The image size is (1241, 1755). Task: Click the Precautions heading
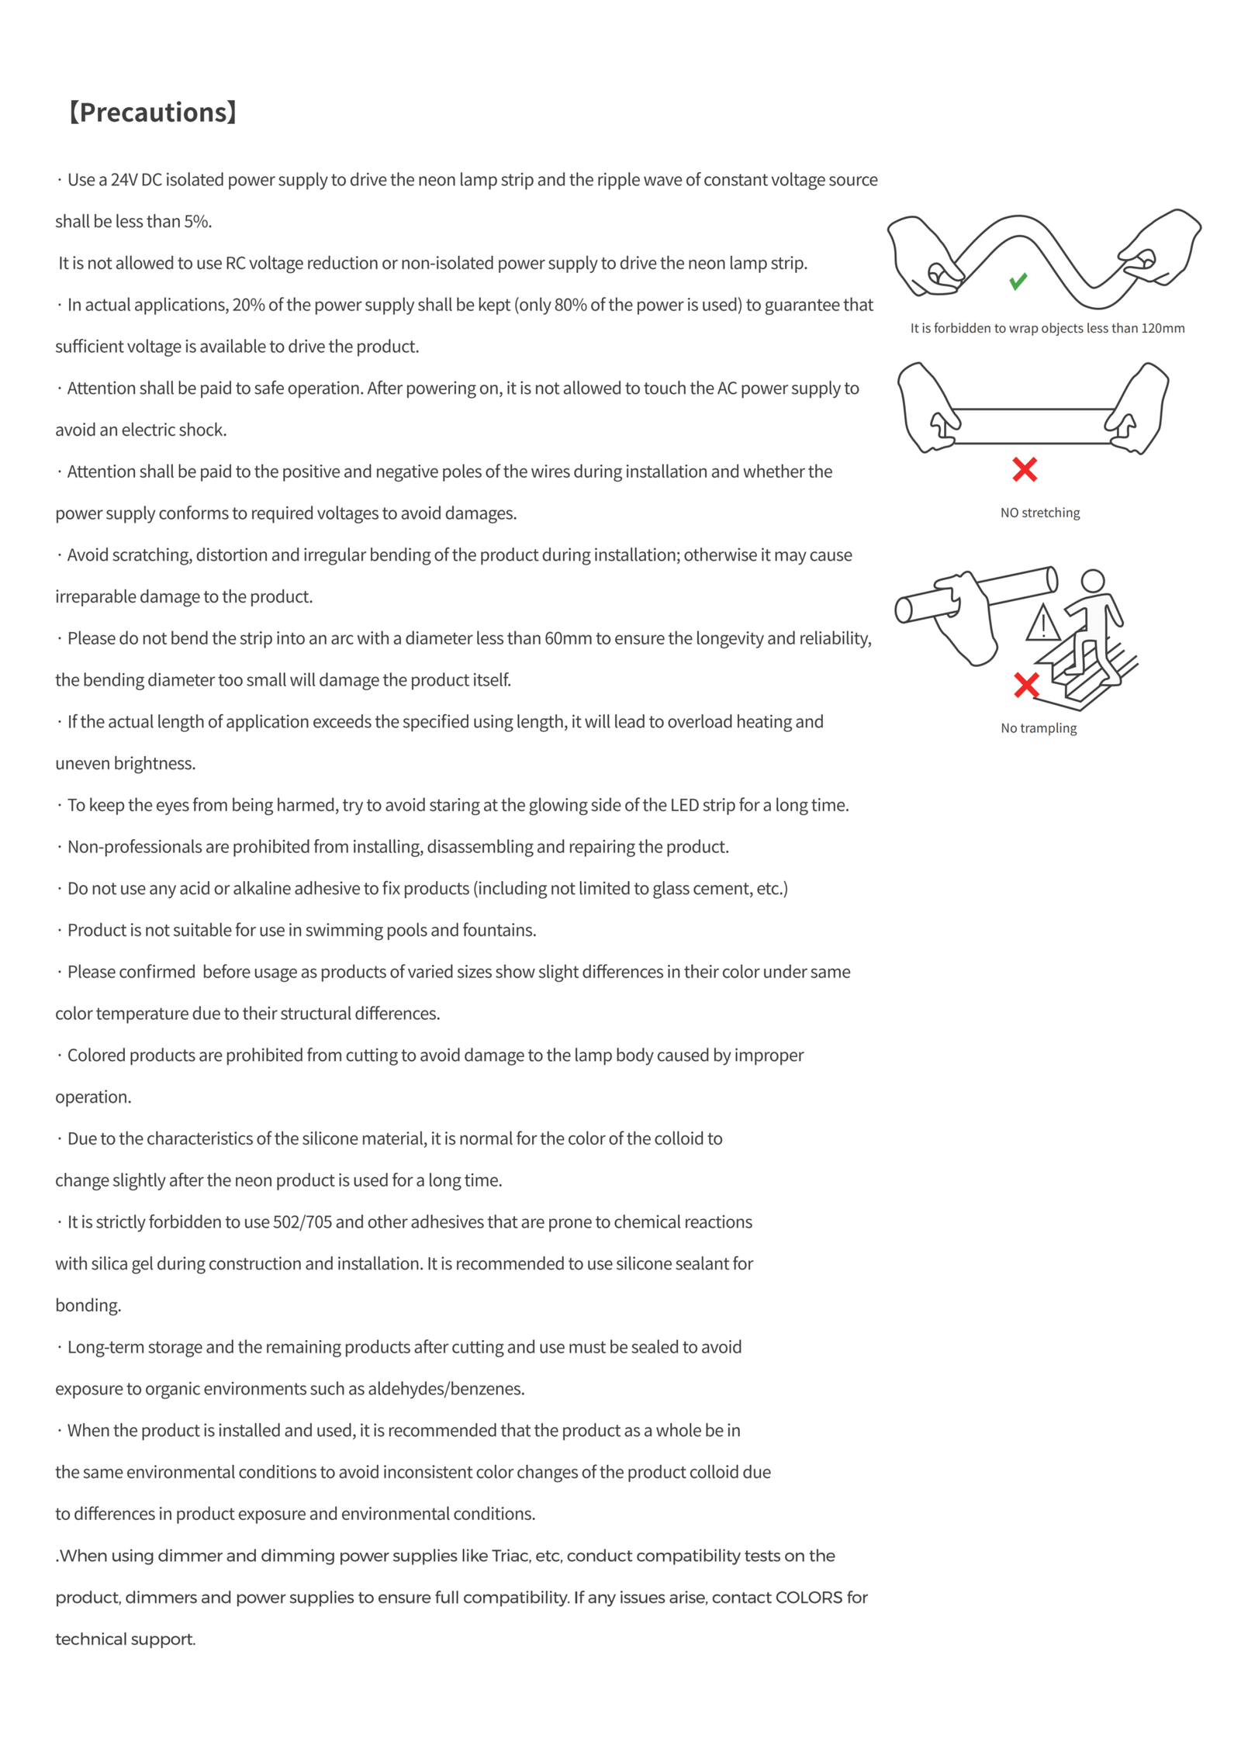point(152,112)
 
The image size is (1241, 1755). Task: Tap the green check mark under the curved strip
point(1018,281)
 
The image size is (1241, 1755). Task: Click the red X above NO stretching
point(1024,469)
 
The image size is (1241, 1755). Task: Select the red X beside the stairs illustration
point(1025,684)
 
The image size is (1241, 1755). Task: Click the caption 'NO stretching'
point(1039,513)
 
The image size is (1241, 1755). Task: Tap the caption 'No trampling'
point(1038,728)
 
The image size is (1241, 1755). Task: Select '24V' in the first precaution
point(124,180)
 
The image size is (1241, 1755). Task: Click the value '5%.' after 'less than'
point(198,222)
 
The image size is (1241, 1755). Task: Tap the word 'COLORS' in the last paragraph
point(808,1598)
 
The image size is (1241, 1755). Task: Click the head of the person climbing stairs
point(1092,581)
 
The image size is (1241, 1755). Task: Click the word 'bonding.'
point(88,1306)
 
